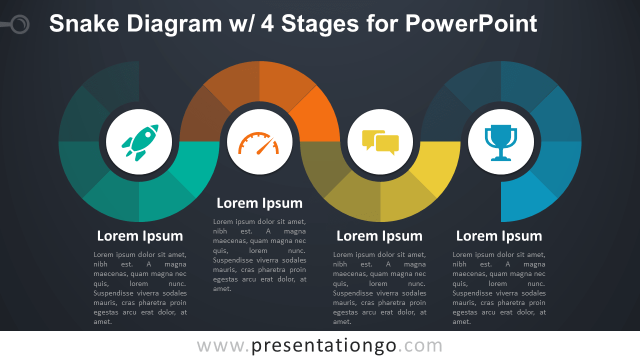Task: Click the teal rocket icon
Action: [139, 142]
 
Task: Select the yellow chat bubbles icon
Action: [380, 142]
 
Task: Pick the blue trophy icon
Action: [500, 142]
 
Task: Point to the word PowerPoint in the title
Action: [471, 23]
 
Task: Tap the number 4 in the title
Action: [267, 23]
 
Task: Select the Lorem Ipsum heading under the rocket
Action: [140, 236]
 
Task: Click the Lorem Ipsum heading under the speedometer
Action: [259, 203]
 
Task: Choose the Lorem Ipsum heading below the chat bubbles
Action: [379, 236]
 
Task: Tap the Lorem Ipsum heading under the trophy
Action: [499, 236]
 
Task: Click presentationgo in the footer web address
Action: [324, 345]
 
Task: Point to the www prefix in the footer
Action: [219, 345]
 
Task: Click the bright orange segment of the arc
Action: [317, 120]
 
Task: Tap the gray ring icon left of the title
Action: [20, 24]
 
